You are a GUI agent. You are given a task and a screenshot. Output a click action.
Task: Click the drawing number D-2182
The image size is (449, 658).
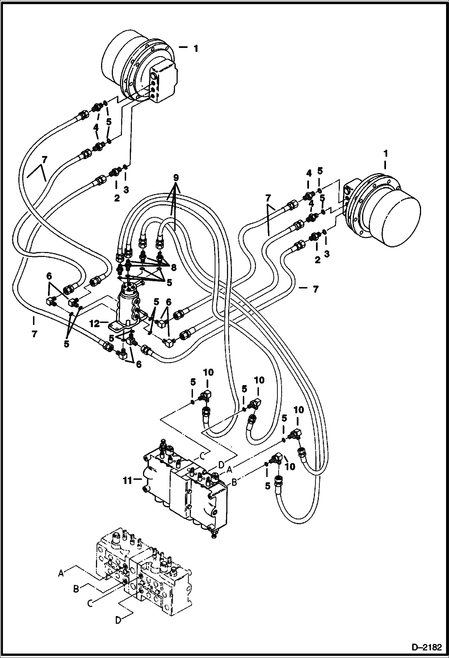click(x=427, y=648)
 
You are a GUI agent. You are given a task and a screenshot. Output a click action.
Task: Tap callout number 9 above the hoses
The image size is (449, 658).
click(x=176, y=178)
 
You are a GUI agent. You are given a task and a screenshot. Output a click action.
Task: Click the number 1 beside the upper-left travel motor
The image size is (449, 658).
click(x=196, y=49)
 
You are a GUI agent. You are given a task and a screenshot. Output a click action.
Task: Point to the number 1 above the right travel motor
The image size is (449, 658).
click(x=385, y=154)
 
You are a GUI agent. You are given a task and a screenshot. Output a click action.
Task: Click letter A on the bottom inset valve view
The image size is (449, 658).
click(x=61, y=573)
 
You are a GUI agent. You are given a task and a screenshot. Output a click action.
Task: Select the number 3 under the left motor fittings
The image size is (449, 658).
click(x=126, y=190)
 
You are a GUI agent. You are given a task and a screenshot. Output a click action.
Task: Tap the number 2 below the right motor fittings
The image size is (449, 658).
click(x=317, y=260)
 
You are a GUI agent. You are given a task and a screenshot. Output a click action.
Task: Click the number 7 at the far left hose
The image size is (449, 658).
click(x=34, y=334)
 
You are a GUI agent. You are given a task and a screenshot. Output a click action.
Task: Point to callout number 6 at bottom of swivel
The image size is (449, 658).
click(x=138, y=364)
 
